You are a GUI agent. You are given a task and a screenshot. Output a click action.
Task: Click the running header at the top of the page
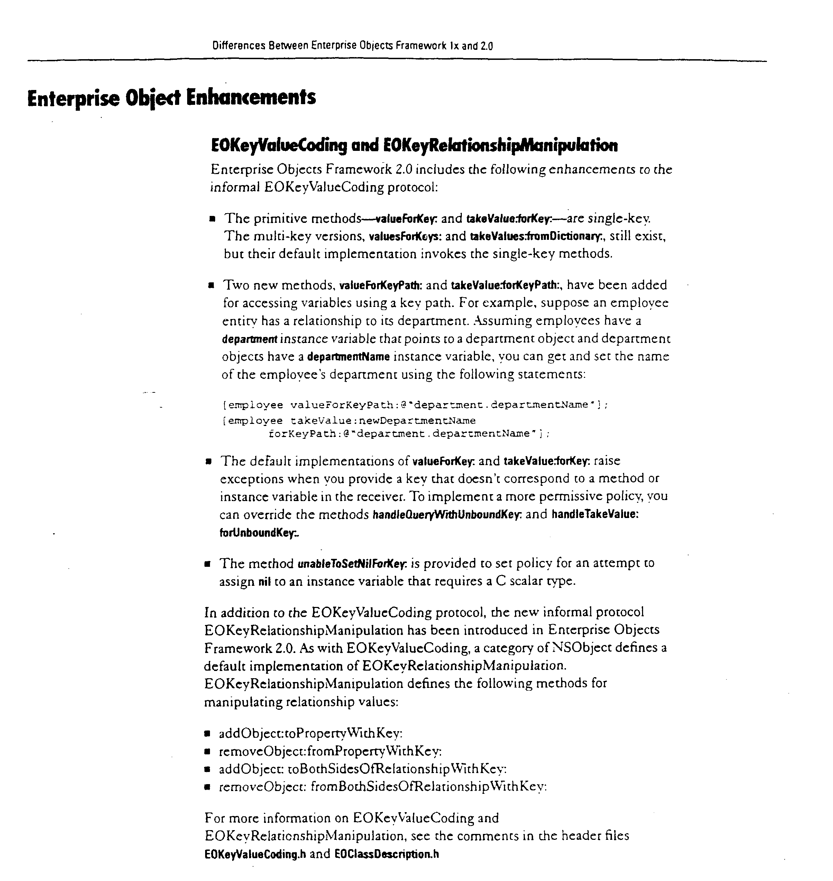353,46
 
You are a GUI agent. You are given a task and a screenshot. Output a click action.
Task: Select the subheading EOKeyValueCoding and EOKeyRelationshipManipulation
414,145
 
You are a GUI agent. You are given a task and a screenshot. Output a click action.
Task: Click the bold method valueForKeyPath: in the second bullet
381,285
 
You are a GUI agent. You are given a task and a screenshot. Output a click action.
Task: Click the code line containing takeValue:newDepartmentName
349,420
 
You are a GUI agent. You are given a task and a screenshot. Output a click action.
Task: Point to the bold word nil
264,582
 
